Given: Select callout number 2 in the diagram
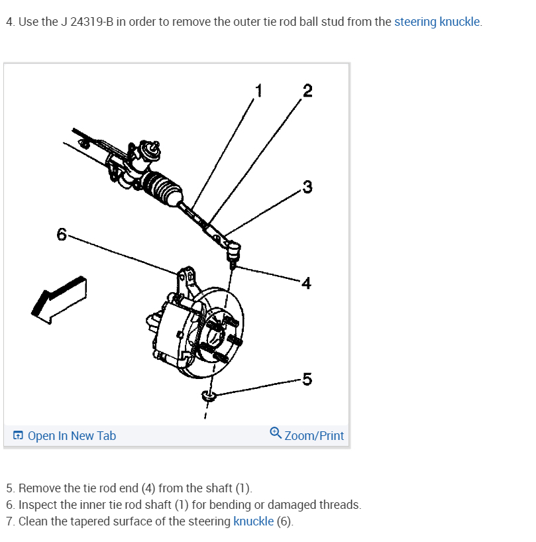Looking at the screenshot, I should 306,91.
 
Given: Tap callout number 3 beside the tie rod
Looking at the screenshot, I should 307,186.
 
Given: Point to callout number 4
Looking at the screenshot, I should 305,284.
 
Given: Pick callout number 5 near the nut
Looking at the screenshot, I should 306,379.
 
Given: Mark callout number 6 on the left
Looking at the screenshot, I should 62,234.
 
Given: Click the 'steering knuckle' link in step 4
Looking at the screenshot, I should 437,22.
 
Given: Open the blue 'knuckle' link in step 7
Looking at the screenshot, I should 253,521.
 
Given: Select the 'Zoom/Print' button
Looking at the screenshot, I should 314,435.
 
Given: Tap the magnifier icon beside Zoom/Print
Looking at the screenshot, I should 276,433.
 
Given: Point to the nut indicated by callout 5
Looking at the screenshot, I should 209,396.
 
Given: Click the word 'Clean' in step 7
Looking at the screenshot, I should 33,521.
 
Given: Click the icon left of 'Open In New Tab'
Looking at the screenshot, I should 19,435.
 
